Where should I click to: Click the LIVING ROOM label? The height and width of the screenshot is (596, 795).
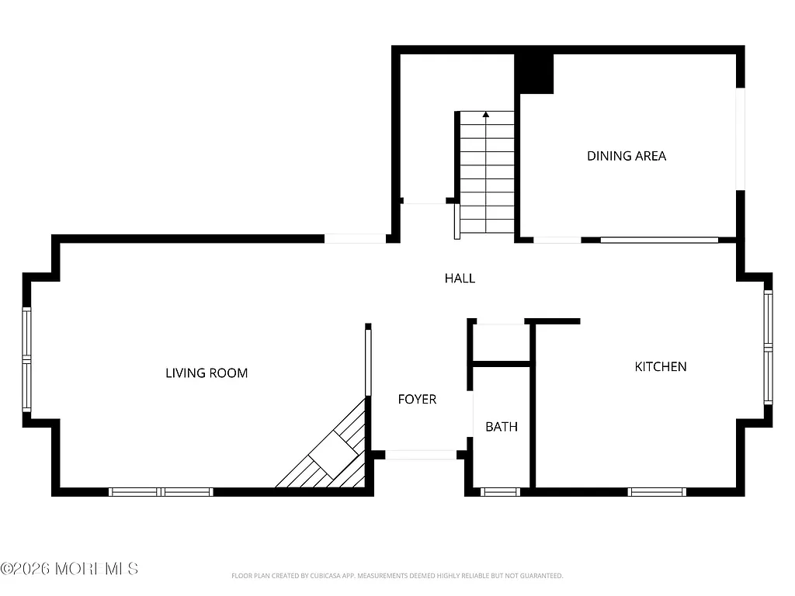coord(207,373)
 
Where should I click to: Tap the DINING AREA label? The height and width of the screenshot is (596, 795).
coord(627,156)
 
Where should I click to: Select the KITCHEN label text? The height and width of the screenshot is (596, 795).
coord(661,366)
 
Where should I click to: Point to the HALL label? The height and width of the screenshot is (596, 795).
coord(460,278)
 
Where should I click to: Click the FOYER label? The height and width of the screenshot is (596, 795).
coord(417,399)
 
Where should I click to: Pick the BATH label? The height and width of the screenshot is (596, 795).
coord(502,427)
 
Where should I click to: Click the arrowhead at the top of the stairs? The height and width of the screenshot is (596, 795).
coord(486,115)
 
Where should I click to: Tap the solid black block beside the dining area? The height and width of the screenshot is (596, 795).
coord(535,74)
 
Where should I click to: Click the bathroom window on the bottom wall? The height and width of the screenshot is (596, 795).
coord(500,491)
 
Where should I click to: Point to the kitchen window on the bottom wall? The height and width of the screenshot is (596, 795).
coord(657,491)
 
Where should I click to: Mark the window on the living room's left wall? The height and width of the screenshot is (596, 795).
coord(26,359)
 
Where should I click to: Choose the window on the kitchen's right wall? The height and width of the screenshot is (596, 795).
coord(768,348)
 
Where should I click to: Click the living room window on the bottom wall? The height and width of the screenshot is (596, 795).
coord(161,491)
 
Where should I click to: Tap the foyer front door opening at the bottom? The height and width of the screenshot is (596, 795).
coord(421,455)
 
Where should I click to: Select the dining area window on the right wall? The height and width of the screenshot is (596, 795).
coord(741,139)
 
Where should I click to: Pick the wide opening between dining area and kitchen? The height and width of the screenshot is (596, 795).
coord(659,240)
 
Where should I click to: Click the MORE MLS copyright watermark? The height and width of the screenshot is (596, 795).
coord(70,569)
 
